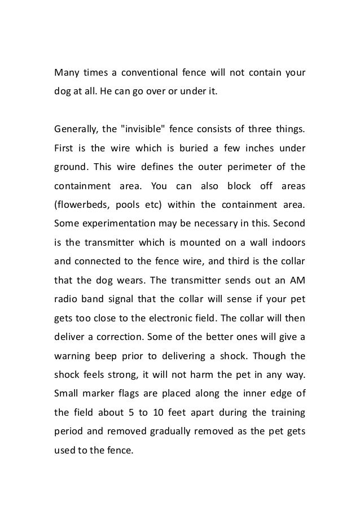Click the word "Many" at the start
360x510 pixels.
[66, 73]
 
